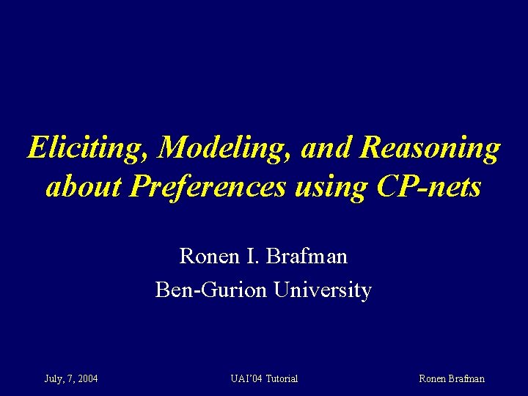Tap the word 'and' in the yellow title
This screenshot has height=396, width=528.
pos(329,148)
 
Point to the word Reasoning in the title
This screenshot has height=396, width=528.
pos(430,148)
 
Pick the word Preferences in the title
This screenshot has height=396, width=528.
pos(208,187)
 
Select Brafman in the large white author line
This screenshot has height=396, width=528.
pos(307,257)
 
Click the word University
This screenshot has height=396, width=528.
pos(323,290)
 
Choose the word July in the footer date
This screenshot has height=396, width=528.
pos(53,379)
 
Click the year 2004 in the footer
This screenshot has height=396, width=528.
pos(87,379)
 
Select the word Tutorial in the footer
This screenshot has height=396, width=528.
pos(282,379)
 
